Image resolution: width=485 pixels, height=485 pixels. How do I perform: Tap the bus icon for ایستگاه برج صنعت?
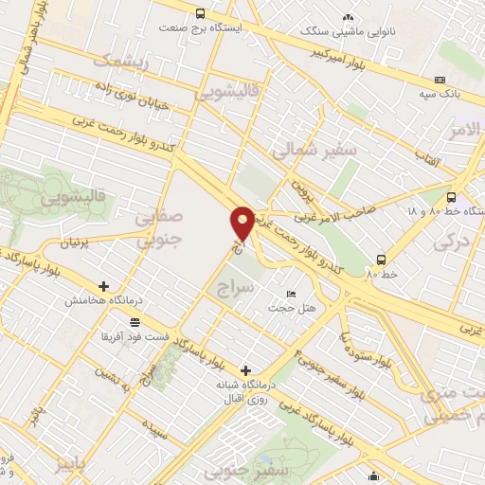coord(200,13)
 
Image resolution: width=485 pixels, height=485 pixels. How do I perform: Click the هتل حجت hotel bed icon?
coord(291,294)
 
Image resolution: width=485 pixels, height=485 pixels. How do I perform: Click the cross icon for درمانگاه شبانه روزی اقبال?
coord(246,370)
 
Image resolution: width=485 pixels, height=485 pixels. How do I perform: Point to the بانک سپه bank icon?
coord(440,81)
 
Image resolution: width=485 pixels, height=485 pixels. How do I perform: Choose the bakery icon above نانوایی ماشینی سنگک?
coord(348,17)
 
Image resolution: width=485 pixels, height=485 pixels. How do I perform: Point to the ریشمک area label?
coord(120,60)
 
